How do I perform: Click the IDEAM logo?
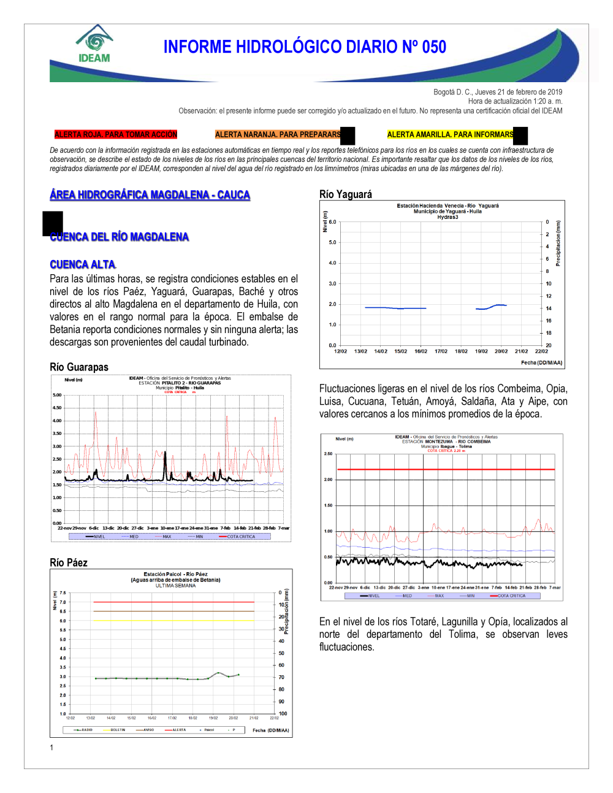click(94, 44)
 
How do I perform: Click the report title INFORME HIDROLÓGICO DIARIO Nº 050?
click(305, 47)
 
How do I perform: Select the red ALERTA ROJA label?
click(116, 134)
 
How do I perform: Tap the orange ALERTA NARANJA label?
click(278, 134)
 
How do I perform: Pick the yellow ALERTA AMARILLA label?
click(451, 134)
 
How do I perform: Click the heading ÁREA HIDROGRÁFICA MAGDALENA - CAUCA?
click(150, 195)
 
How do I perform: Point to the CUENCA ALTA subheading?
click(83, 264)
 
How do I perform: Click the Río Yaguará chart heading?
click(346, 194)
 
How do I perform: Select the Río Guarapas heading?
click(79, 367)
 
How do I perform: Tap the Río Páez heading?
click(69, 563)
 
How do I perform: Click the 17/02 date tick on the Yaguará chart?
click(441, 351)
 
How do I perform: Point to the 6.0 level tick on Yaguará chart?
click(333, 222)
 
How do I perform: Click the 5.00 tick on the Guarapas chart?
click(57, 395)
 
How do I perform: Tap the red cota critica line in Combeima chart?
click(446, 470)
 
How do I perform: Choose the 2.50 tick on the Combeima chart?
click(328, 454)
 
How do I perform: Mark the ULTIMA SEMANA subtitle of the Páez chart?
click(175, 586)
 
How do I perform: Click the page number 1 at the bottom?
click(51, 748)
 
